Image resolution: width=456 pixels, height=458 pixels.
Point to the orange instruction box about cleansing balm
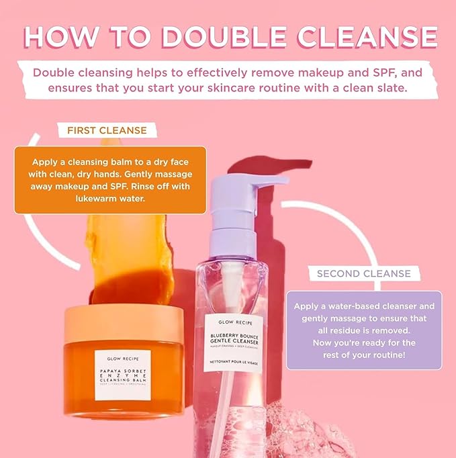point(110,180)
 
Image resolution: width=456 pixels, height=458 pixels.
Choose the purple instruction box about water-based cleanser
point(364,330)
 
